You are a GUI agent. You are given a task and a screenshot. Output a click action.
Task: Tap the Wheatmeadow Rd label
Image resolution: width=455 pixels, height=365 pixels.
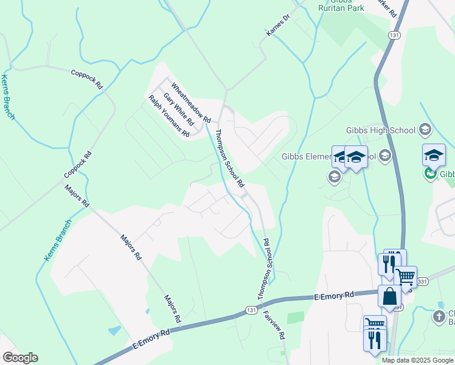(190, 102)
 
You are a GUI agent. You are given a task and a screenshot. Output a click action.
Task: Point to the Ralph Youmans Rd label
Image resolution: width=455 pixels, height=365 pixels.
(169, 116)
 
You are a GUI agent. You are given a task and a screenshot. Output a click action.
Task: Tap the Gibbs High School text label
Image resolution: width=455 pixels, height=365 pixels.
(380, 130)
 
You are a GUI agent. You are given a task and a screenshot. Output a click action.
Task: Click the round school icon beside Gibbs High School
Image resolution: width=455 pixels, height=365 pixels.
(425, 130)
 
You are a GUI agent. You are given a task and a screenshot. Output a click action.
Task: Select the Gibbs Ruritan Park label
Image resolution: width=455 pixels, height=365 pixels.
(341, 5)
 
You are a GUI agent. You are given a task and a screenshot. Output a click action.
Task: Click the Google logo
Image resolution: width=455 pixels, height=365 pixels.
(20, 358)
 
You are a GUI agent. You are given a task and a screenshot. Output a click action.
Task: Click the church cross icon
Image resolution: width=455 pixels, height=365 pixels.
(439, 316)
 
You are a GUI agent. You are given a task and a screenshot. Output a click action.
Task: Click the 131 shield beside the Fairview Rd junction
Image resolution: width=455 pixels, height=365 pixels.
(251, 310)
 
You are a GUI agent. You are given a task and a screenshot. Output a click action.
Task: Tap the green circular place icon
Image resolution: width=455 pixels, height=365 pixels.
(431, 174)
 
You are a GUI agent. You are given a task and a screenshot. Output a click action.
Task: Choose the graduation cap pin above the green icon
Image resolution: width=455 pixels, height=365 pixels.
(434, 155)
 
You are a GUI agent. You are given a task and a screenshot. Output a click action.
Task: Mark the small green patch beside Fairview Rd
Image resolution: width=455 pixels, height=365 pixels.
(296, 318)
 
